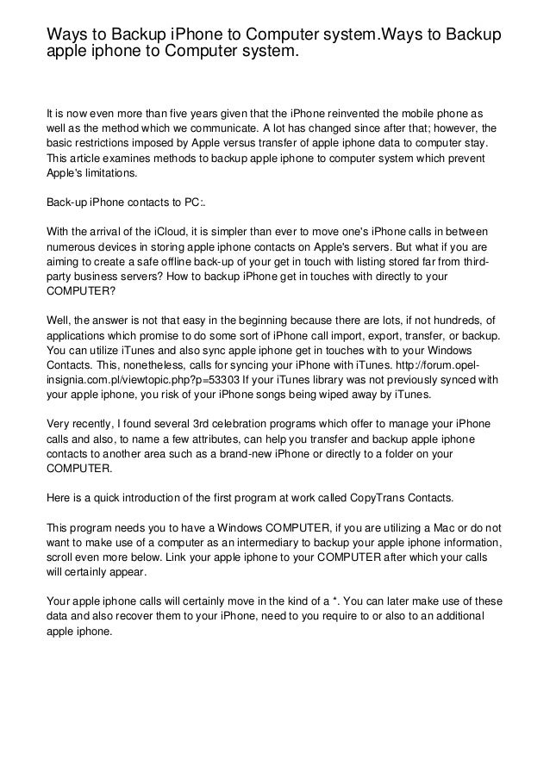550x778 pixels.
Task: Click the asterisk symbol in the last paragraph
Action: [343, 604]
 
